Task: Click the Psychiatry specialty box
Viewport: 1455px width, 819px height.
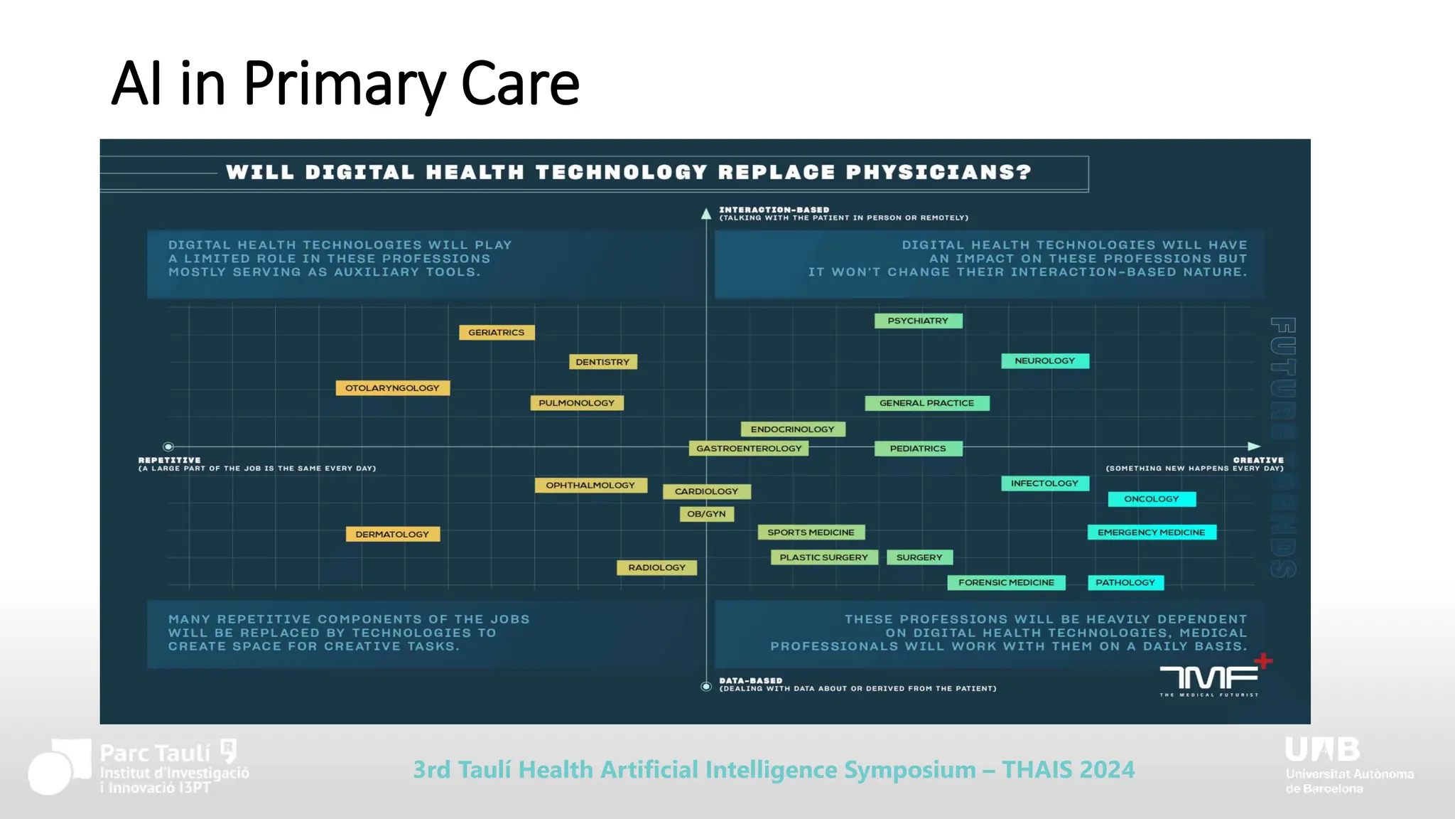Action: [x=918, y=321]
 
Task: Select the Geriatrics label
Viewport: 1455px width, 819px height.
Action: [x=496, y=333]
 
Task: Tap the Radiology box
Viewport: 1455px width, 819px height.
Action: [x=656, y=568]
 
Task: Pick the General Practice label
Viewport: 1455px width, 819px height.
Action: [x=926, y=403]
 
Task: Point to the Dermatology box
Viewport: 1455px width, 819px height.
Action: [x=392, y=535]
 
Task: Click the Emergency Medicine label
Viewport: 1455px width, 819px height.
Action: [x=1151, y=532]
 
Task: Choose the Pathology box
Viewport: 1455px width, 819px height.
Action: [x=1125, y=583]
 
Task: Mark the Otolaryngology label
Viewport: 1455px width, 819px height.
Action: [x=392, y=388]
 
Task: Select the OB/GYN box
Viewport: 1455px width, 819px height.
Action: [x=706, y=514]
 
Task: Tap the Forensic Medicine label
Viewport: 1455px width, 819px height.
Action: [x=1006, y=583]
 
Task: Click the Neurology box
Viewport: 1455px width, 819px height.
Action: [x=1044, y=361]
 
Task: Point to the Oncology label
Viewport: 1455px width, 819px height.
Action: [x=1151, y=499]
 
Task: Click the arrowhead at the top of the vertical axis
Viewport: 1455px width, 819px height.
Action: [x=706, y=213]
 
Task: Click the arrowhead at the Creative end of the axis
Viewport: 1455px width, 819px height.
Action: [x=1254, y=446]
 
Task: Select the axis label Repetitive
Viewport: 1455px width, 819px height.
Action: [x=170, y=460]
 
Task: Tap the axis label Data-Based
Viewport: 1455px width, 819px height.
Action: [x=750, y=680]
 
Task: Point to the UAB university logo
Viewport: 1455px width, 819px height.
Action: [x=1323, y=750]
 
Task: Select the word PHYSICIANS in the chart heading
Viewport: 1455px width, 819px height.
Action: [x=939, y=173]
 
